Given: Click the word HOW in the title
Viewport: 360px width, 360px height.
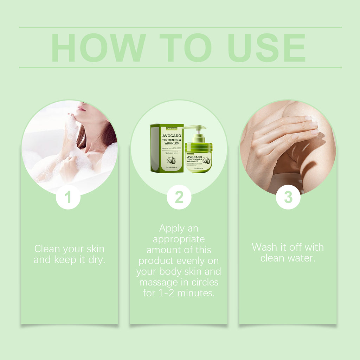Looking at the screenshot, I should point(98,48).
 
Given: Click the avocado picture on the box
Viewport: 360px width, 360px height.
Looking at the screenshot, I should point(171,161).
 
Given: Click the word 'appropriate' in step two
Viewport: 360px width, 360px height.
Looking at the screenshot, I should point(179,239).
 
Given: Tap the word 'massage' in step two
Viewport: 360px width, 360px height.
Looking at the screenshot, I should point(158,282).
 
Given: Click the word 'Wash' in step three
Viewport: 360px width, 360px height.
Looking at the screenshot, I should point(264,247).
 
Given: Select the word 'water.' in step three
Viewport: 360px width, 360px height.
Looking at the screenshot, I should point(303,258).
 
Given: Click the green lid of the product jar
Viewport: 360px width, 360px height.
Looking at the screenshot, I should point(199,146).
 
